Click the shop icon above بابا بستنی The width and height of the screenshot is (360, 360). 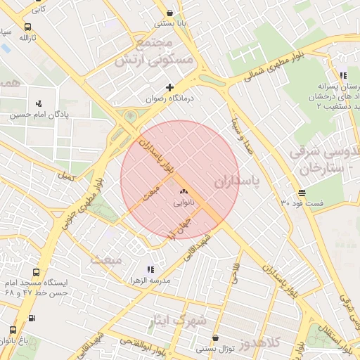(x=170, y=12)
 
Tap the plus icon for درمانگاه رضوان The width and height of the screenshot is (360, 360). (x=169, y=87)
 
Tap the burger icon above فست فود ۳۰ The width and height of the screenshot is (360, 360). (x=302, y=192)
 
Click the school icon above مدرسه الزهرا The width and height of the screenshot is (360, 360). (x=149, y=269)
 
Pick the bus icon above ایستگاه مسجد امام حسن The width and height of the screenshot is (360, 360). (x=36, y=272)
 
